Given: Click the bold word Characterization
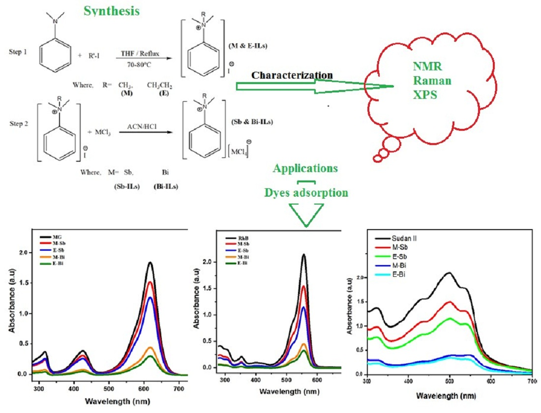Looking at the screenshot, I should [292, 75].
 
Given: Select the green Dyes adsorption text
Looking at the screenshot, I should [305, 192].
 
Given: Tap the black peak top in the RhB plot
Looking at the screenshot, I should [304, 255].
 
